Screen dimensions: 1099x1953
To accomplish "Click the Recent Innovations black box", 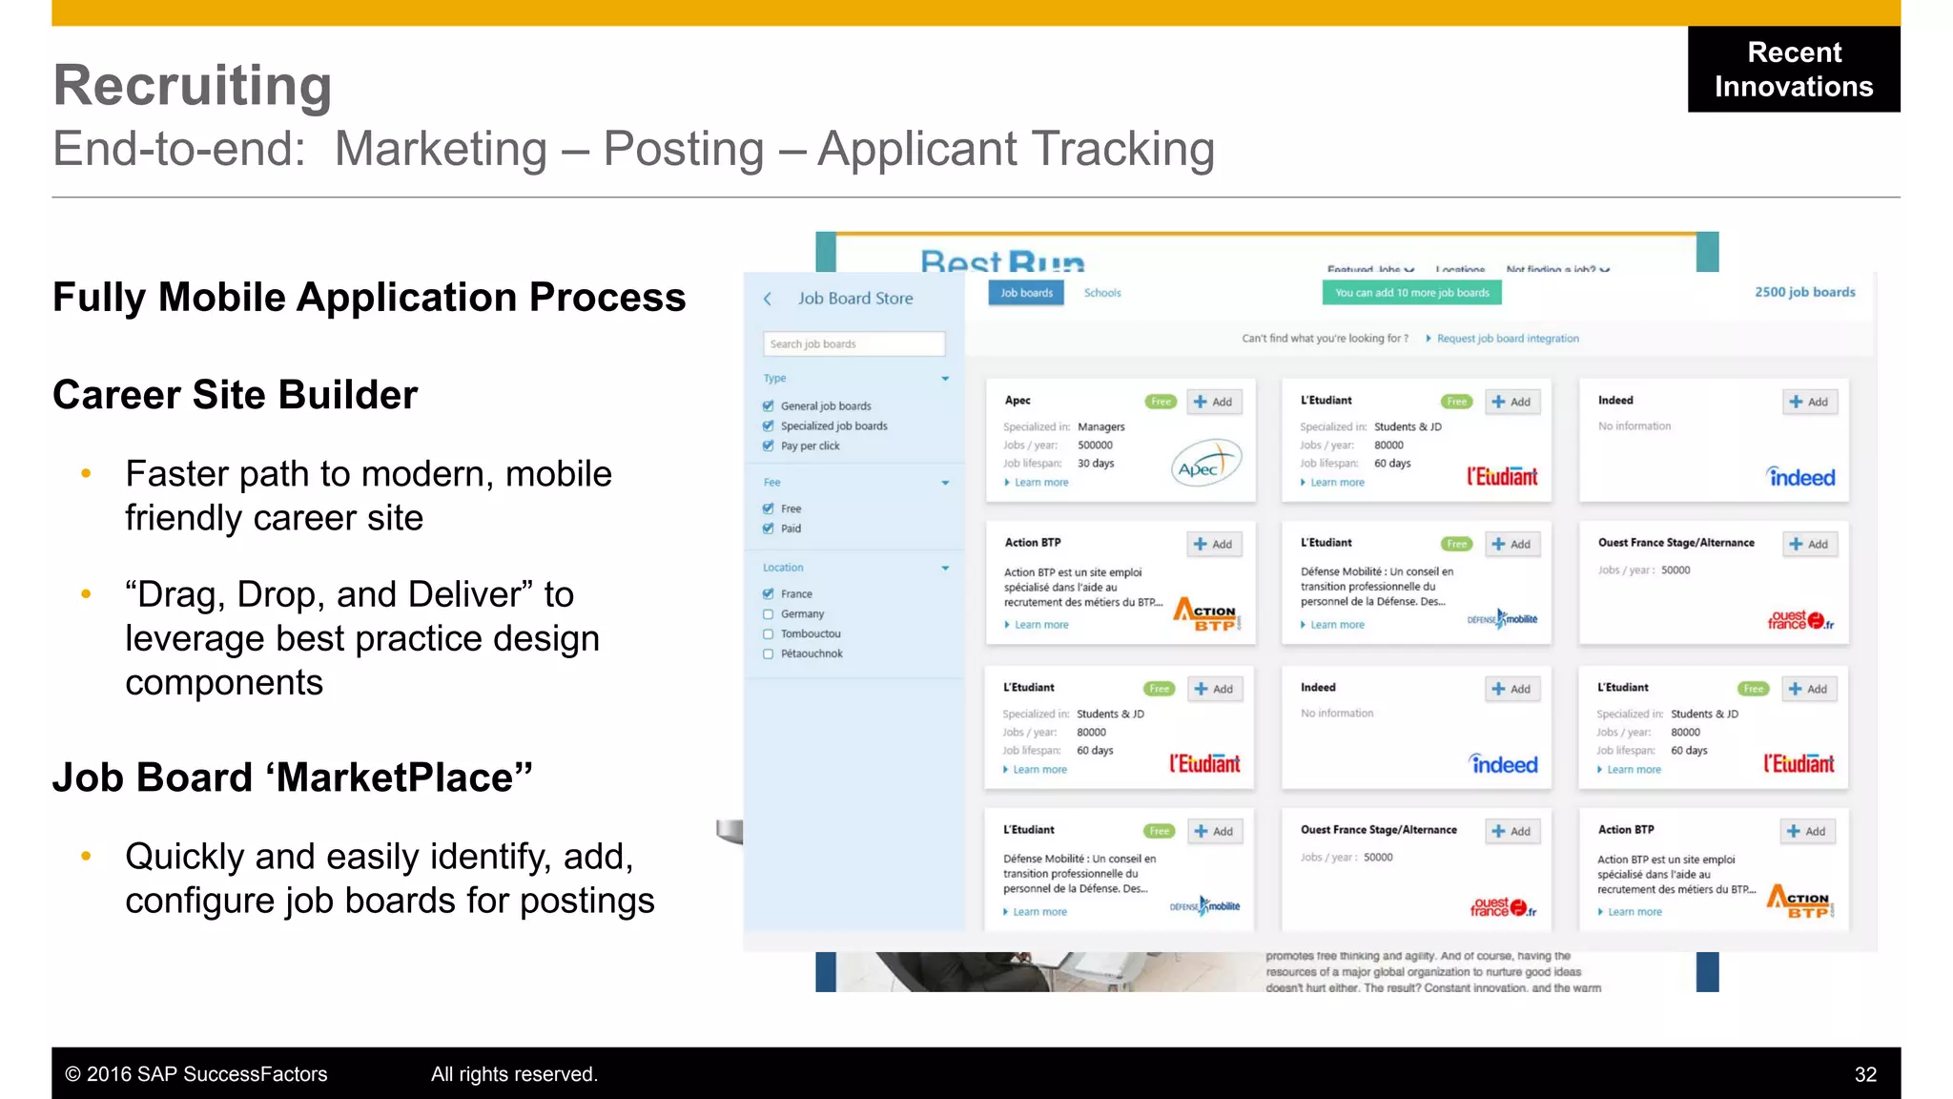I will tap(1793, 69).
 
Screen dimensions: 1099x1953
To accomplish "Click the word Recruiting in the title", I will tap(193, 86).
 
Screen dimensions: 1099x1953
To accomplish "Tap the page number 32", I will tap(1865, 1074).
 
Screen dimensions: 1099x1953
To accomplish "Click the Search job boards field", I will tap(853, 343).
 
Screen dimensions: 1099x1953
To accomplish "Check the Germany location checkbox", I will tap(769, 614).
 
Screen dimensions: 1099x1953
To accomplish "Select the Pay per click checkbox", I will tap(769, 446).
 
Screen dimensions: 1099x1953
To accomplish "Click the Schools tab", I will tap(1102, 293).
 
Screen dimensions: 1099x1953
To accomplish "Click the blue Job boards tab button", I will tap(1026, 293).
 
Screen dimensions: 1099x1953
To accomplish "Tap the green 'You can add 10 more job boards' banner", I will tap(1411, 293).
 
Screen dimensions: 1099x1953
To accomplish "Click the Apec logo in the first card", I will tap(1205, 464).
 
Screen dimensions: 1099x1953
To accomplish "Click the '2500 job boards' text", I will tap(1804, 292).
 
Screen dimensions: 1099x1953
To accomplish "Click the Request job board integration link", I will tap(1508, 339).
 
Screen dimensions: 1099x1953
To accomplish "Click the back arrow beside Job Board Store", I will tap(768, 299).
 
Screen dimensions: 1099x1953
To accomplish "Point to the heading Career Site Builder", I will tap(235, 395).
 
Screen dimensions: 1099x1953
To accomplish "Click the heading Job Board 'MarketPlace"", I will tap(292, 778).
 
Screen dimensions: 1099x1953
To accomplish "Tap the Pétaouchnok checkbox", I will tap(769, 654).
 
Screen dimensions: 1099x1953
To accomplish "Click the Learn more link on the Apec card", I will tap(1040, 483).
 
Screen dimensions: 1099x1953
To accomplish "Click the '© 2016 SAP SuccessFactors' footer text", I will tap(196, 1074).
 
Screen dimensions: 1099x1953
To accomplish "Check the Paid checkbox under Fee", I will tap(769, 529).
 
